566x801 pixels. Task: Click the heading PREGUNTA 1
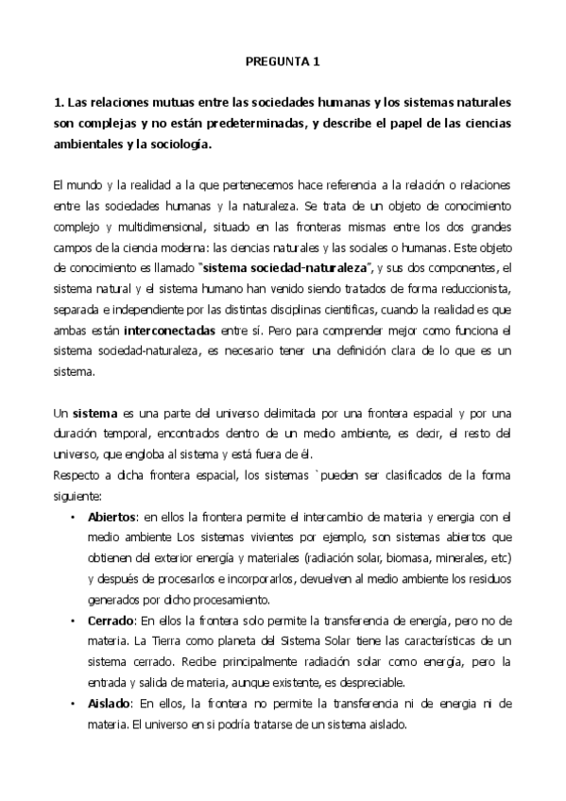tap(283, 61)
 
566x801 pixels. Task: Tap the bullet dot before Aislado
tap(73, 705)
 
